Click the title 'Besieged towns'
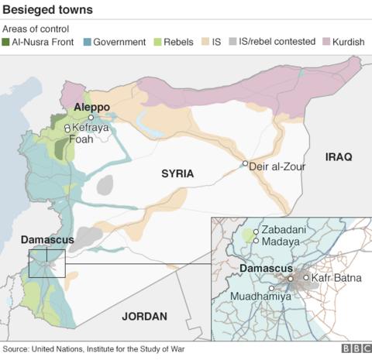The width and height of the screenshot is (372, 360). point(48,10)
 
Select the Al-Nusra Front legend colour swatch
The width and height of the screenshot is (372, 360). point(8,41)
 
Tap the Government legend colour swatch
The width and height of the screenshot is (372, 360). point(86,41)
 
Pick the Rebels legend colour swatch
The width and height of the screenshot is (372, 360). point(157,41)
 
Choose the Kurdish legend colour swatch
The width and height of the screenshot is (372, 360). point(325,41)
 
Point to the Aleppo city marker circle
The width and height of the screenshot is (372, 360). point(91,118)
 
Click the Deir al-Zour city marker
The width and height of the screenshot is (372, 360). point(245,164)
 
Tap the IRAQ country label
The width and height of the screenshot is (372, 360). point(339,157)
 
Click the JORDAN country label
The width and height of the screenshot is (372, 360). point(145,316)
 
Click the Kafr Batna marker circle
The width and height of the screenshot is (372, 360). point(306,277)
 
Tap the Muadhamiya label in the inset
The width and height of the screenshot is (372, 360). point(258,295)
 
